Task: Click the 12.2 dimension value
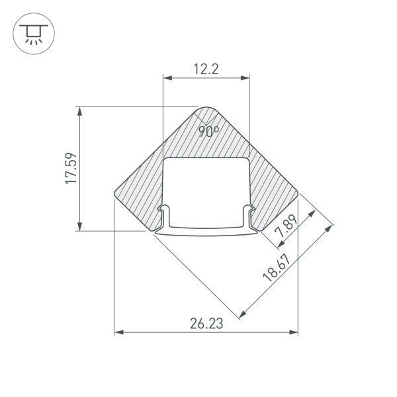206,69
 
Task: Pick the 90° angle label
209,131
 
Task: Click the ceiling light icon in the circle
31,33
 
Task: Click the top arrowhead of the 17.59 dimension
81,110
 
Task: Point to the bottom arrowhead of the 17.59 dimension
81,226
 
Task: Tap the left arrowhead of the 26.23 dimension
119,331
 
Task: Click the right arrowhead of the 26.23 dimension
294,331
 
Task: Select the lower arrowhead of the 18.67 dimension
243,312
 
